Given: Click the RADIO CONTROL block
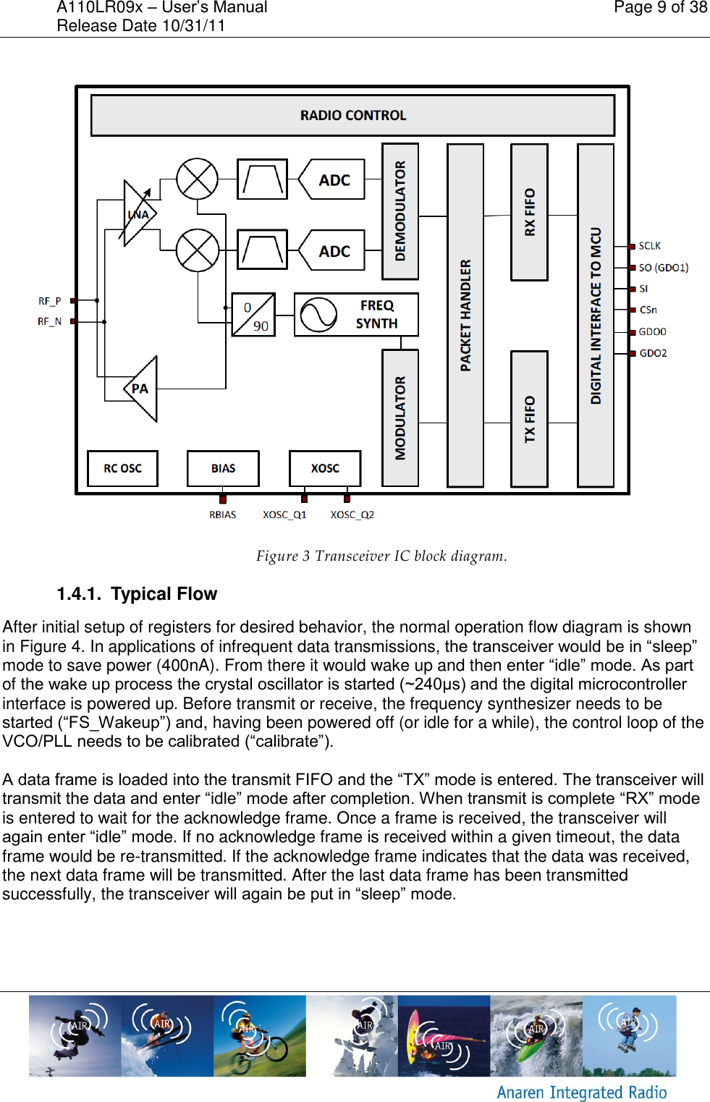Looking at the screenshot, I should [352, 115].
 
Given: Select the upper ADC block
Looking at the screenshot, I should [332, 180].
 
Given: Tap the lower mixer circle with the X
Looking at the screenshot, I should [198, 250].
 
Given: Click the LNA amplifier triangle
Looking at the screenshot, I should [138, 214].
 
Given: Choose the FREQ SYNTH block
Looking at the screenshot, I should [356, 314].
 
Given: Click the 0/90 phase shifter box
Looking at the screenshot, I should [253, 315].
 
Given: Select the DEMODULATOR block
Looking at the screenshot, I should [400, 211].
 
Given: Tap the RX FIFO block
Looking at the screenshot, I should [529, 212].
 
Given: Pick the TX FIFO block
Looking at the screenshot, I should [529, 419].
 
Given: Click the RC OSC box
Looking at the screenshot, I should [122, 468].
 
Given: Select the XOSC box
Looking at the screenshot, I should [325, 468].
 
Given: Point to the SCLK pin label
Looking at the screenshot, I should [649, 246].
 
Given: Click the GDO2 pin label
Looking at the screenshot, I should [653, 353].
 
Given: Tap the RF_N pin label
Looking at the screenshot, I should [49, 321].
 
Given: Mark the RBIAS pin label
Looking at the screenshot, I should [222, 514].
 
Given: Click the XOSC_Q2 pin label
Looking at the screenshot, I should [352, 514].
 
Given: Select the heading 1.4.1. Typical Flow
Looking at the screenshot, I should [138, 594].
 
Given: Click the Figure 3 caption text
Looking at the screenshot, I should [381, 556].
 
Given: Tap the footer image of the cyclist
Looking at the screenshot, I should [259, 1035].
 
